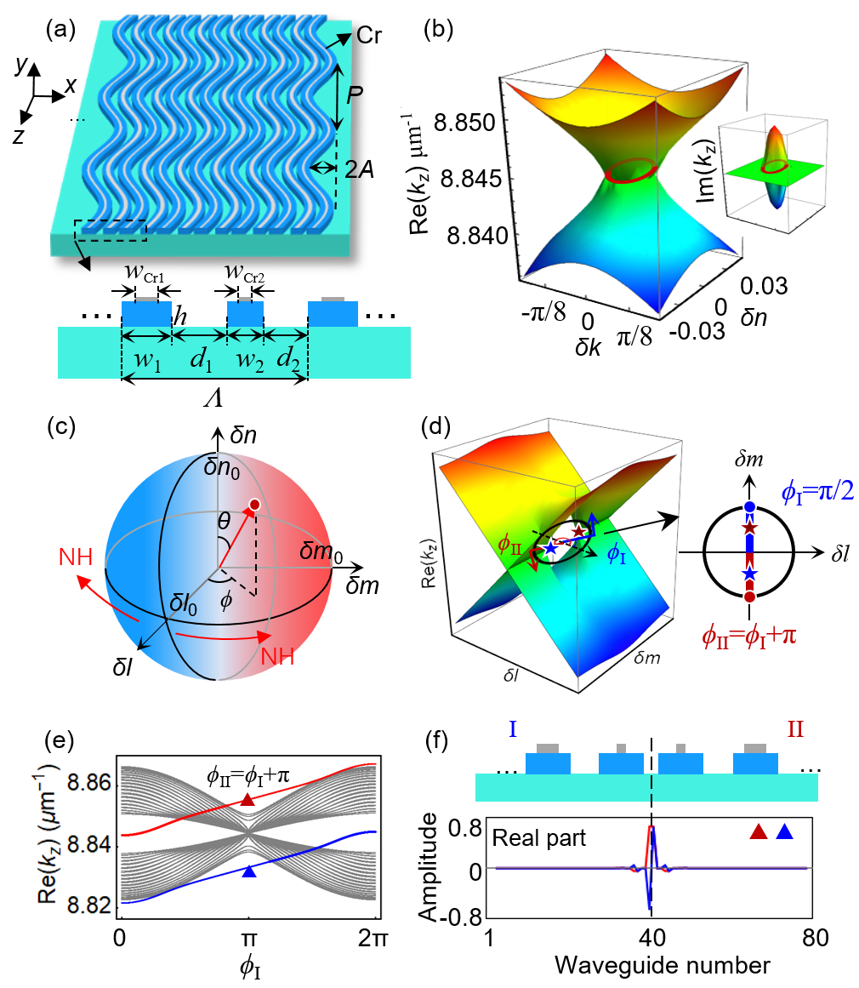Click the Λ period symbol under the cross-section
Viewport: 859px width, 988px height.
coord(215,393)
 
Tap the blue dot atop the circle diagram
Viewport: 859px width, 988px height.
coord(749,507)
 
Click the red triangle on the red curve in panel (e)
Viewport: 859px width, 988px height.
coord(247,799)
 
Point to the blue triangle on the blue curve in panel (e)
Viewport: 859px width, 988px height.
coord(248,871)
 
